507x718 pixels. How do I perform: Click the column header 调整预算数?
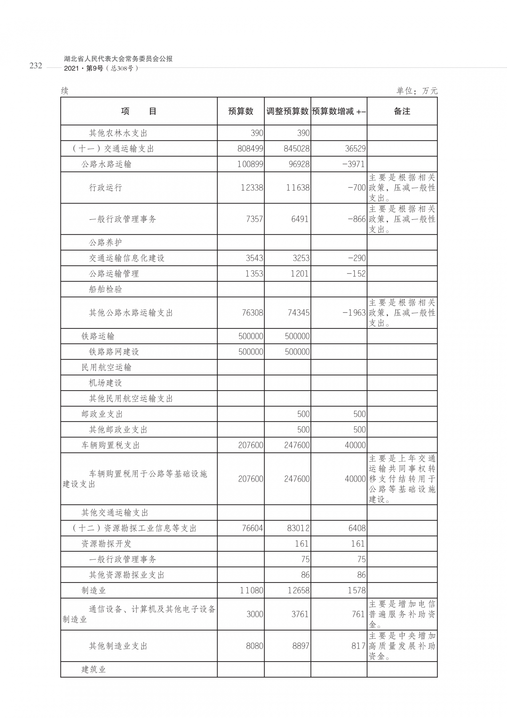[287, 111]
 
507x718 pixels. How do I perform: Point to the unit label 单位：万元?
[417, 91]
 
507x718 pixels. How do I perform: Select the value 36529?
[355, 149]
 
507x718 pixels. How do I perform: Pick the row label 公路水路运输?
[106, 164]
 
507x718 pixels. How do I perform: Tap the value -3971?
[354, 164]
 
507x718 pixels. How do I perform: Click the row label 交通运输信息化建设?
[126, 258]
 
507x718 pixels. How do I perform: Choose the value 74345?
[298, 313]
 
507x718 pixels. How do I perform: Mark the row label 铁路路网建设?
[114, 352]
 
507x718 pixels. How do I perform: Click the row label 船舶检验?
[105, 289]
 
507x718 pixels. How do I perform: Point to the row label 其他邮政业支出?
[118, 430]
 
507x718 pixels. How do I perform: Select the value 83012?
[298, 528]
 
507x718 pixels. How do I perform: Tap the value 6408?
[357, 528]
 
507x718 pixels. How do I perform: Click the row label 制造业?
[93, 590]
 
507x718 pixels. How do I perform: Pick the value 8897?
[301, 646]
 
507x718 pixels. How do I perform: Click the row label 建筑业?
[93, 670]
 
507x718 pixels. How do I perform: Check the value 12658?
[298, 590]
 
